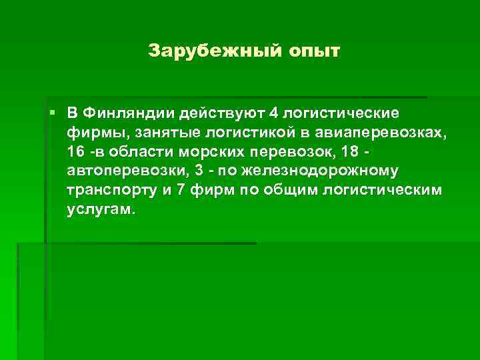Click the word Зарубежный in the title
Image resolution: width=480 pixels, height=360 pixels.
click(x=193, y=51)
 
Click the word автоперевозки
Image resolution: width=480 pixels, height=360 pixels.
click(x=117, y=171)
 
